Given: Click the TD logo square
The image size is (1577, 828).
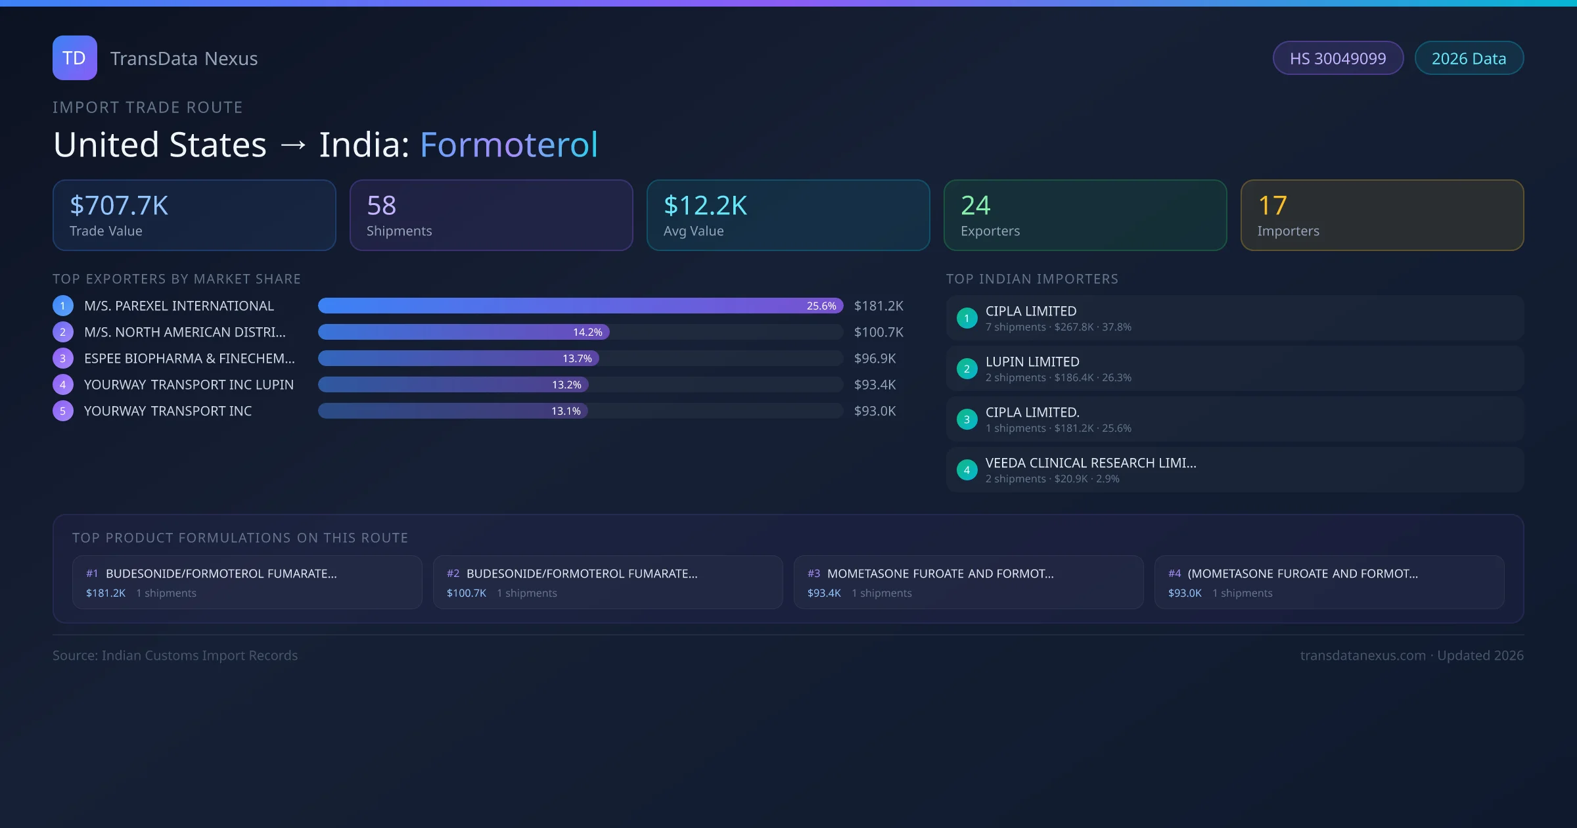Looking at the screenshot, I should [x=74, y=58].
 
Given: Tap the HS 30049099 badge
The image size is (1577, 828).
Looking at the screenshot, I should [x=1337, y=58].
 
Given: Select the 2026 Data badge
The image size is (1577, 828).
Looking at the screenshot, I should [x=1469, y=58].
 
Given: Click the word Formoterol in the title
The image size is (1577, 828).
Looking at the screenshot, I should [x=509, y=145].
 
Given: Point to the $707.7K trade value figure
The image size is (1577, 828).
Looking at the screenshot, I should [x=119, y=206].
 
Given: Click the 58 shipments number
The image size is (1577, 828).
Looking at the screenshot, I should [x=381, y=206].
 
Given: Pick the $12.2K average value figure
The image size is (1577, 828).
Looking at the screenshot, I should [x=705, y=206].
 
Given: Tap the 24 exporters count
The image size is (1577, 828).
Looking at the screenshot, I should [x=975, y=206].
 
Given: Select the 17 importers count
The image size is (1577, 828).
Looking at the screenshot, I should [x=1272, y=206].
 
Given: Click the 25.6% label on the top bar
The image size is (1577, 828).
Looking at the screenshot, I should [x=821, y=306].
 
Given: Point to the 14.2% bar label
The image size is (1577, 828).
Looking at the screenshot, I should [x=587, y=333].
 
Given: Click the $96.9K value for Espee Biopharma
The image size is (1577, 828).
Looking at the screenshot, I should [x=875, y=359].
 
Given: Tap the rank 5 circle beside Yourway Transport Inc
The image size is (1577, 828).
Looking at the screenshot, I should [x=63, y=411].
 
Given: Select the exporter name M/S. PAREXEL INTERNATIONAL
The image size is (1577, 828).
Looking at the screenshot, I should [x=179, y=306].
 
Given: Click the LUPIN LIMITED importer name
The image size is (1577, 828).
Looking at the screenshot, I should [x=1032, y=362].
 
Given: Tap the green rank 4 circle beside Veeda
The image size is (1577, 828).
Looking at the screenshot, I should [x=967, y=470].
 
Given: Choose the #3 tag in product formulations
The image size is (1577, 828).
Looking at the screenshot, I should [x=813, y=574].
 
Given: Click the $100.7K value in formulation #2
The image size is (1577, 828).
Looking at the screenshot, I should [x=467, y=593].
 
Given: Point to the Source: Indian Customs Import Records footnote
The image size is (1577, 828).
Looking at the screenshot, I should [x=175, y=656].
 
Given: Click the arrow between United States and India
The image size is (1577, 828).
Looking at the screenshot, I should [x=293, y=145].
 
